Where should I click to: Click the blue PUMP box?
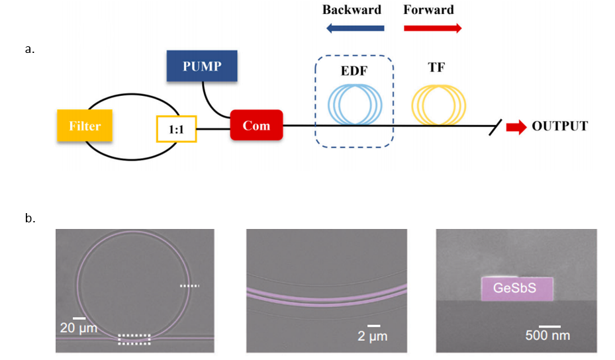pyautogui.click(x=202, y=66)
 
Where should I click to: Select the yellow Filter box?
pyautogui.click(x=85, y=126)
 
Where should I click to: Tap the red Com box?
pyautogui.click(x=256, y=125)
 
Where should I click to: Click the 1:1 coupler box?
pyautogui.click(x=177, y=128)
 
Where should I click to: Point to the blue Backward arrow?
pyautogui.click(x=355, y=28)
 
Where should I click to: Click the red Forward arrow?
pyautogui.click(x=433, y=28)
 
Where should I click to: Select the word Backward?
pyautogui.click(x=352, y=10)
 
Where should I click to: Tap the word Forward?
pyautogui.click(x=429, y=10)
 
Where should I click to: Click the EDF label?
pyautogui.click(x=354, y=71)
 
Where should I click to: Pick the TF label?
pyautogui.click(x=436, y=67)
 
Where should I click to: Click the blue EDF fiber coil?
pyautogui.click(x=328, y=105)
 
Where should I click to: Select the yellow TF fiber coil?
pyautogui.click(x=412, y=105)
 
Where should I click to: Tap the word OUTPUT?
pyautogui.click(x=559, y=126)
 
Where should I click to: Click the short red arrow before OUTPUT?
pyautogui.click(x=516, y=126)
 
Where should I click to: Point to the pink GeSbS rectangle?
pyautogui.click(x=517, y=289)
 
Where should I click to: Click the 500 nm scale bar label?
pyautogui.click(x=547, y=336)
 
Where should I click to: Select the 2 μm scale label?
pyautogui.click(x=372, y=336)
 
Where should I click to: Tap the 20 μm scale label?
pyautogui.click(x=78, y=328)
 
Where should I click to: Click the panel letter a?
pyautogui.click(x=29, y=49)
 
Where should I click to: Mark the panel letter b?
pyautogui.click(x=30, y=218)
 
